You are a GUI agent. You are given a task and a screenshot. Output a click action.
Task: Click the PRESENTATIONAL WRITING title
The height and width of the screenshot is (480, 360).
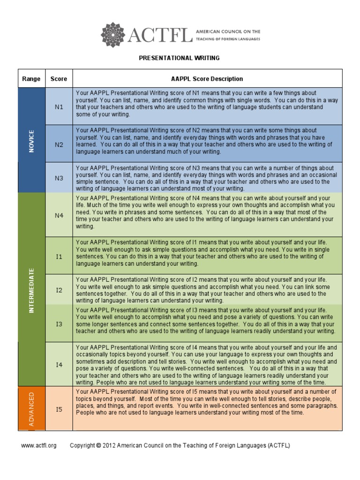180,58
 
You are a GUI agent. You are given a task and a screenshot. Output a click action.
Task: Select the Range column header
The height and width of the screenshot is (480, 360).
31,79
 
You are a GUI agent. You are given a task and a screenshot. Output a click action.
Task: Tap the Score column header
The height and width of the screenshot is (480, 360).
59,79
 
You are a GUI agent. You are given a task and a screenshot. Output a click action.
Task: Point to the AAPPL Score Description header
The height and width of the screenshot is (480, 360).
207,79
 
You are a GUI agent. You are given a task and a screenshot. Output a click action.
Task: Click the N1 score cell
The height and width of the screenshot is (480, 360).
59,106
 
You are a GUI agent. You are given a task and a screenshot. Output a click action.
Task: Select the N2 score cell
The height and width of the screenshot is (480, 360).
59,144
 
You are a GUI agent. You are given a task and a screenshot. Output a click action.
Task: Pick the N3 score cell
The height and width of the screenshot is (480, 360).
59,178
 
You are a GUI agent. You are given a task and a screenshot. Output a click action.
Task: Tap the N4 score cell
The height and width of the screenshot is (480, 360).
59,215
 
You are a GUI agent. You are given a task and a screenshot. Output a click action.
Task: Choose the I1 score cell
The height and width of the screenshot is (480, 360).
59,256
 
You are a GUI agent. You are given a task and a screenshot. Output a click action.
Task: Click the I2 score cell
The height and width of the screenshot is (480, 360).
59,290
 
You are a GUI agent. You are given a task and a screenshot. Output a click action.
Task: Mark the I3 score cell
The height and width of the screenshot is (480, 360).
59,323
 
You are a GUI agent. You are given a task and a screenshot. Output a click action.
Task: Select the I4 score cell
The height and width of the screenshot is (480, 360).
59,364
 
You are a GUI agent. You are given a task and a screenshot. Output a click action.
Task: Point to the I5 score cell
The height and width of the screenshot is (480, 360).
59,409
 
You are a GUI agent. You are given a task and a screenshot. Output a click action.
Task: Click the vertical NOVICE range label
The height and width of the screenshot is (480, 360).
31,141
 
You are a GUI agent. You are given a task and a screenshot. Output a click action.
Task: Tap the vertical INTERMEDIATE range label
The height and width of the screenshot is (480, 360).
31,291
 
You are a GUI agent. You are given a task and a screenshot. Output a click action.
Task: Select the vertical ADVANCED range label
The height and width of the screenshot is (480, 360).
31,409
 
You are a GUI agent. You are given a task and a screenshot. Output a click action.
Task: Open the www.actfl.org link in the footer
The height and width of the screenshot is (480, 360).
38,445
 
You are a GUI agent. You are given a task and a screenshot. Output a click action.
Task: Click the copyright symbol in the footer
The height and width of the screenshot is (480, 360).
98,445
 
